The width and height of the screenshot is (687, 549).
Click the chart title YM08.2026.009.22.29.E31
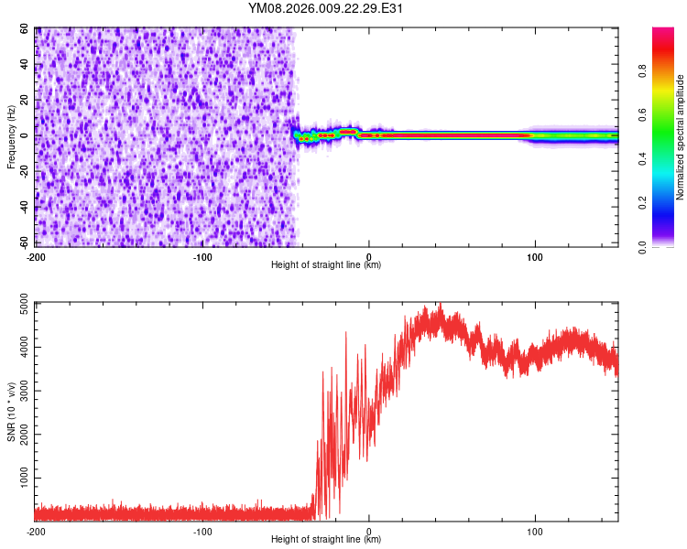tap(326, 9)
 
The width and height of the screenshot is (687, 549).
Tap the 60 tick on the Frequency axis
tap(25, 29)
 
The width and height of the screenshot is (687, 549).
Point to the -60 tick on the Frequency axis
tap(23, 242)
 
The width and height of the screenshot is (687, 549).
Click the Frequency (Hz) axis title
tap(11, 136)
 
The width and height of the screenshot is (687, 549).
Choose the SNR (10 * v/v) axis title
tap(11, 412)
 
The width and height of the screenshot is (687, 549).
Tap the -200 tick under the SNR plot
tap(36, 532)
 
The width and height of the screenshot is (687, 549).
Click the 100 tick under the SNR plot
tap(535, 532)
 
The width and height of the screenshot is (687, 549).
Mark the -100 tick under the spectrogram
tap(202, 256)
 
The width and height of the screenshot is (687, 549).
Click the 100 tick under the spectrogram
tap(535, 256)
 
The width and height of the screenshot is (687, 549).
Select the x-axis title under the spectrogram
tap(326, 265)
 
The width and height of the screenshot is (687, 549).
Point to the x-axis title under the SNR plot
tap(326, 540)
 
